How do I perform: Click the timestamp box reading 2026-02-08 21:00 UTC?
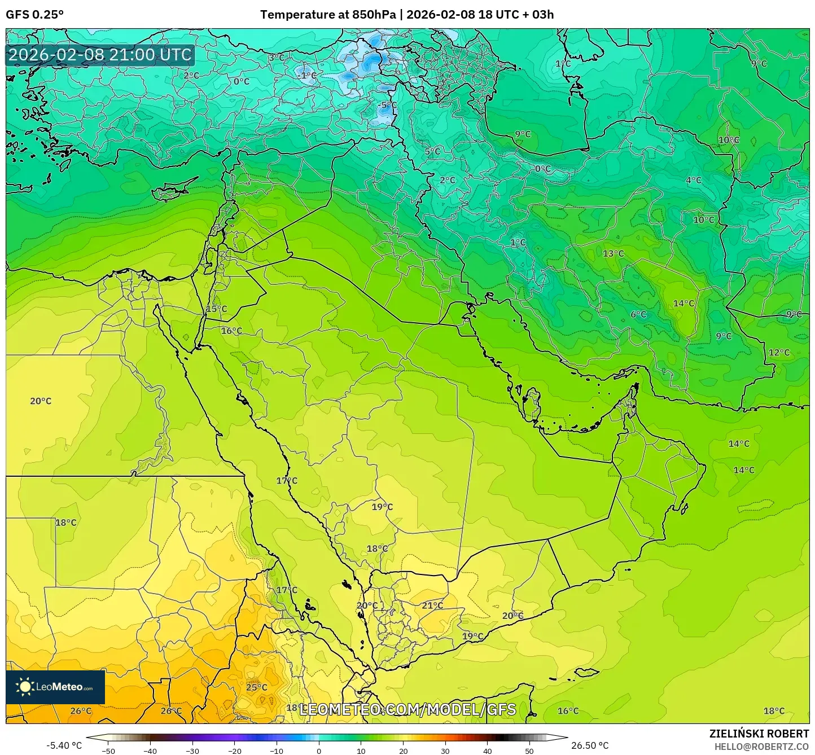click(x=100, y=55)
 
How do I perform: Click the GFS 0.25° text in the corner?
click(x=34, y=15)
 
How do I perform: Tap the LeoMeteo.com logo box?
click(x=55, y=687)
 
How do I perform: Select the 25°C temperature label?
click(x=256, y=687)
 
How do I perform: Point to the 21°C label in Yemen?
click(x=432, y=605)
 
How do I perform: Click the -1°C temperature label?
click(x=307, y=76)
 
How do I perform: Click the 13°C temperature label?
click(x=613, y=253)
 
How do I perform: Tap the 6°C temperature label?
click(x=638, y=314)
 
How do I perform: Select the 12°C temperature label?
click(x=779, y=353)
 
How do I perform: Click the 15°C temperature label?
click(x=216, y=309)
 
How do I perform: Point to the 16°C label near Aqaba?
click(x=231, y=331)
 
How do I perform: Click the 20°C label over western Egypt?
click(x=41, y=401)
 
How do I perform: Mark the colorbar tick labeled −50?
click(x=108, y=750)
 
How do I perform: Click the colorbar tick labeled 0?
click(x=319, y=750)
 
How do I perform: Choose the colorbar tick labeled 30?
click(x=445, y=750)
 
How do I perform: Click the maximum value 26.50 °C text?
click(x=590, y=745)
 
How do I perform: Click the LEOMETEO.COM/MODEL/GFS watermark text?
click(x=407, y=709)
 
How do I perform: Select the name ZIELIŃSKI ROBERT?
click(x=759, y=734)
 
